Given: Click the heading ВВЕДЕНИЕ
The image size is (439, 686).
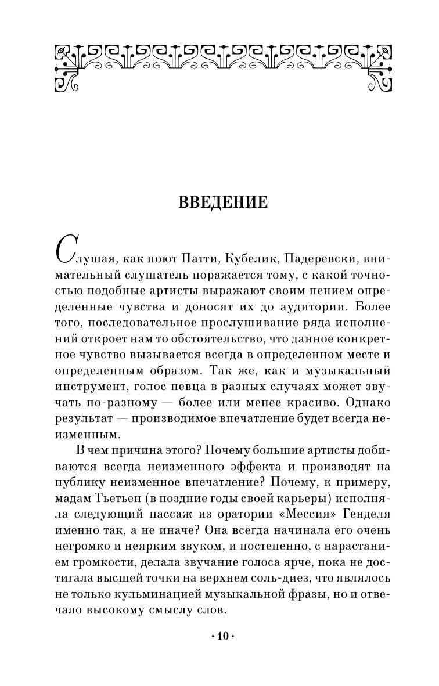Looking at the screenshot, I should [x=222, y=203].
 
